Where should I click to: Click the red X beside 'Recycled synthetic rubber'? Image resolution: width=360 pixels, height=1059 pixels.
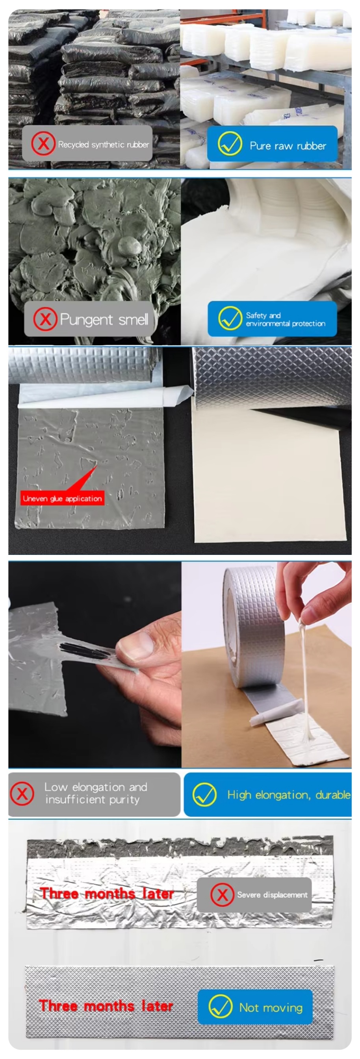(x=43, y=144)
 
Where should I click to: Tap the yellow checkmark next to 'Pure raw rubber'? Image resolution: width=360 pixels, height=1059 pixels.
(x=230, y=144)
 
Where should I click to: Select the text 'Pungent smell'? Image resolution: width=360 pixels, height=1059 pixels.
(x=104, y=319)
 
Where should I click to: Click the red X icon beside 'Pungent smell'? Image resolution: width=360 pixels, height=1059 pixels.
(x=45, y=319)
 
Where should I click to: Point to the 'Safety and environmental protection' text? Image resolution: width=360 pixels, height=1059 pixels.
(x=286, y=319)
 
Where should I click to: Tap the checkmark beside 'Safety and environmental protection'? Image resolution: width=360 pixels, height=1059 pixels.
(x=230, y=319)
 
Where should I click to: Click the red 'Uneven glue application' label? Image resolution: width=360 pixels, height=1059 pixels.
(x=63, y=498)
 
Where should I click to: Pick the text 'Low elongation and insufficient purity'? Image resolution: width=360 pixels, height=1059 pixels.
(x=96, y=794)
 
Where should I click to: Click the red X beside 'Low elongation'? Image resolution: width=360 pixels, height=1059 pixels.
(x=22, y=794)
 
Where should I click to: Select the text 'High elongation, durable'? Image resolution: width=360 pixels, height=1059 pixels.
(x=289, y=795)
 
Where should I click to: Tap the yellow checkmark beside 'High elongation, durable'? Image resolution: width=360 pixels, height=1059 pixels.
(x=204, y=794)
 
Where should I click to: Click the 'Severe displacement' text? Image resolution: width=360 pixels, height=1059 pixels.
(x=272, y=894)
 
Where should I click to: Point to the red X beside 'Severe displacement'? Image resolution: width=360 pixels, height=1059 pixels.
(x=222, y=894)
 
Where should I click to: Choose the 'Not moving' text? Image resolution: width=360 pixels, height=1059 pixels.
(x=271, y=1008)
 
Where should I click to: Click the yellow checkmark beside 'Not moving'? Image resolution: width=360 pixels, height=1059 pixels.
(x=221, y=1006)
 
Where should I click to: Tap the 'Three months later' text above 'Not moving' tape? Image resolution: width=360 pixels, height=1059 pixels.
(x=106, y=1006)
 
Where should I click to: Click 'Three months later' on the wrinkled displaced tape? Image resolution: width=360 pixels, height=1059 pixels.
(x=107, y=893)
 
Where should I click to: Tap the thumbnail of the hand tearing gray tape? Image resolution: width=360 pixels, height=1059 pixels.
(x=95, y=664)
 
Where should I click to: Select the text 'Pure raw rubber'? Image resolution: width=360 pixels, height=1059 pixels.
(x=288, y=146)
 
